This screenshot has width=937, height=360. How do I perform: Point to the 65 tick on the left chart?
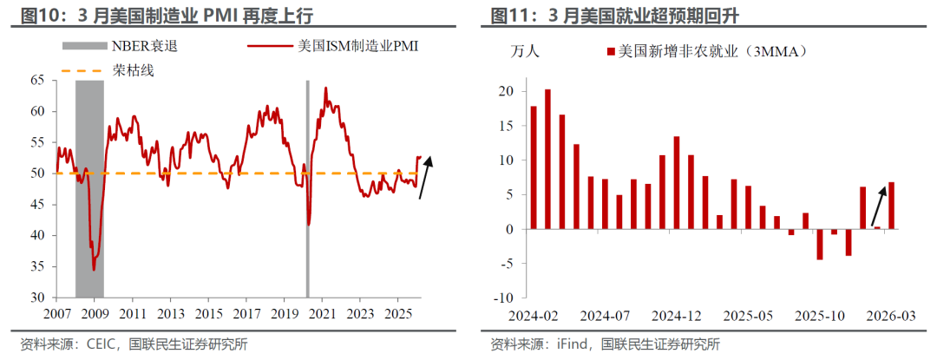pyautogui.click(x=37, y=80)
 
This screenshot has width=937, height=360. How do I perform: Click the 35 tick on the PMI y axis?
pyautogui.click(x=37, y=265)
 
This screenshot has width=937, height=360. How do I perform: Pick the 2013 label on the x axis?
pyautogui.click(x=170, y=312)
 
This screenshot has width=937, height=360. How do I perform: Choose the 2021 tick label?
pyautogui.click(x=322, y=312)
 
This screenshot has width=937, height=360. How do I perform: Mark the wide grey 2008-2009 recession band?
pyautogui.click(x=89, y=173)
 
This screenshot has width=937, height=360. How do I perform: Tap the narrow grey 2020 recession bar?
pyautogui.click(x=307, y=173)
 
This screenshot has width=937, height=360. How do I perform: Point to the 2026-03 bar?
pyautogui.click(x=892, y=206)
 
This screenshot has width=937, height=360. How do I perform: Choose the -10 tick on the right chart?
pyautogui.click(x=503, y=298)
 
